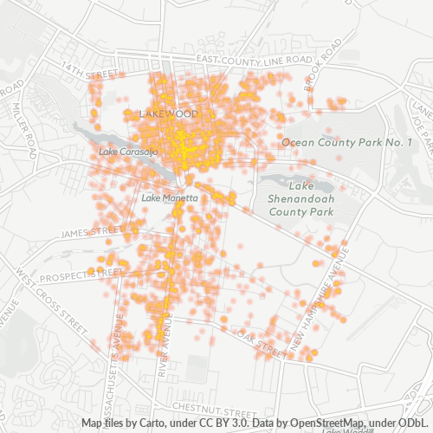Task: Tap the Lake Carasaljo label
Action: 128,152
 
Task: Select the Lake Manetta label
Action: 170,197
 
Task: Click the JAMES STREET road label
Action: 93,232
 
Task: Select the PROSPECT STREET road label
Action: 82,275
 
